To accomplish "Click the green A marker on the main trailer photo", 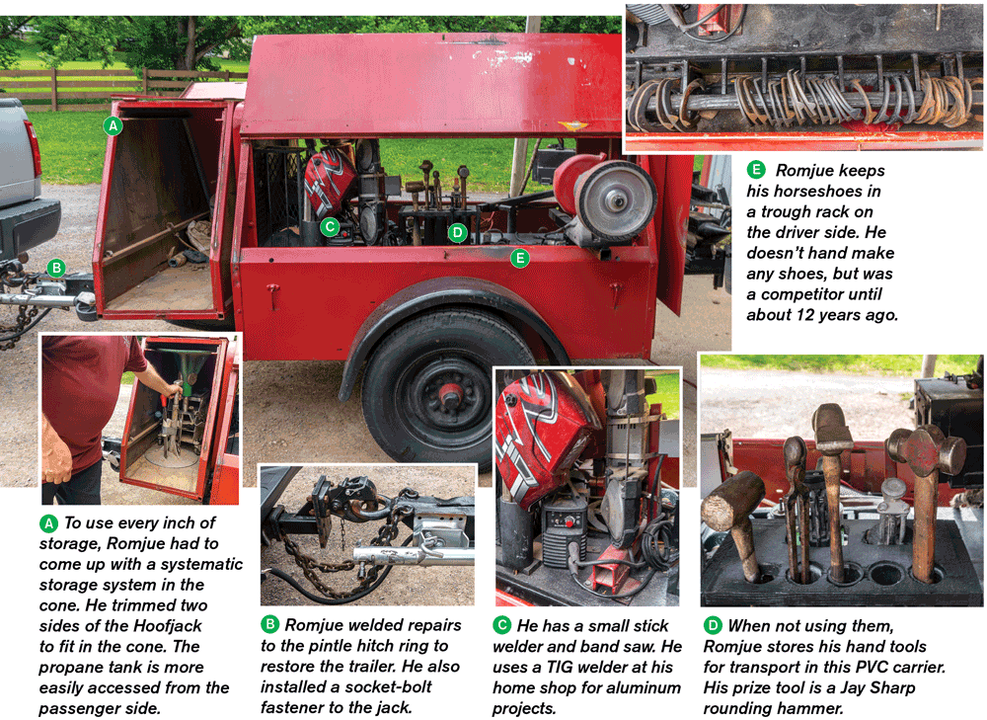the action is click(x=113, y=126).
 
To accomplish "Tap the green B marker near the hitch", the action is click(x=56, y=269).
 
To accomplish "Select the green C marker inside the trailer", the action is click(x=330, y=227).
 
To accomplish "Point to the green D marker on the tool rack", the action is click(x=458, y=234).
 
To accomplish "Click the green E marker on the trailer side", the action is click(x=520, y=258).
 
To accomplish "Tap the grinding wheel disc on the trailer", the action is click(x=616, y=201).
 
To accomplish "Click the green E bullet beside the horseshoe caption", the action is click(x=756, y=170).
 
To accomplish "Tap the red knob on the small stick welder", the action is click(x=569, y=522).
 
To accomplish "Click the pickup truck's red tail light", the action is click(x=33, y=149).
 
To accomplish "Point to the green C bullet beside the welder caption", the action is click(x=501, y=625).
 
